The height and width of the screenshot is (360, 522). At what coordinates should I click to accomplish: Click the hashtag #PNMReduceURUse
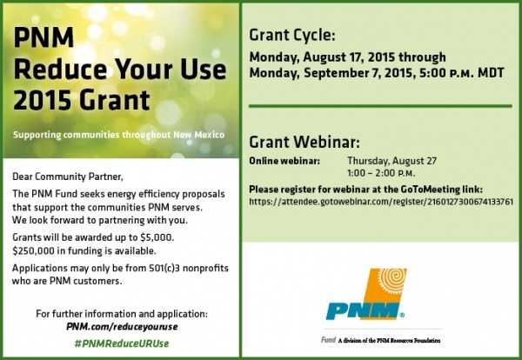pyautogui.click(x=122, y=343)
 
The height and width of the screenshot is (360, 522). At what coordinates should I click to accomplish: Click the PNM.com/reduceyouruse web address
pyautogui.click(x=122, y=326)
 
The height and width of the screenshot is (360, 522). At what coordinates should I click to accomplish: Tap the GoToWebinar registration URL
pyautogui.click(x=381, y=202)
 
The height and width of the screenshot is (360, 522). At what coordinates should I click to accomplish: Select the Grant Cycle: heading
pyautogui.click(x=292, y=35)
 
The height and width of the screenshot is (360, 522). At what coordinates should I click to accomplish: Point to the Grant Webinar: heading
pyautogui.click(x=304, y=142)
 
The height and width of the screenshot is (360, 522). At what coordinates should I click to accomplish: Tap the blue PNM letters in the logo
pyautogui.click(x=363, y=310)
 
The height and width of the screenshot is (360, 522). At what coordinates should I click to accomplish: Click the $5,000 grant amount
pyautogui.click(x=157, y=237)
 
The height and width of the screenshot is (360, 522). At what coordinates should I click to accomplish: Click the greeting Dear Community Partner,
pyautogui.click(x=68, y=177)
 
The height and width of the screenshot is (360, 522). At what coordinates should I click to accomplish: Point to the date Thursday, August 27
pyautogui.click(x=391, y=161)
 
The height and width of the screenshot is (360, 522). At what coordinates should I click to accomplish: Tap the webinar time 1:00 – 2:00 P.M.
pyautogui.click(x=381, y=173)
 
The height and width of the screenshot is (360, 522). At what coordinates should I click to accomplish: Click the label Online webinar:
pyautogui.click(x=284, y=161)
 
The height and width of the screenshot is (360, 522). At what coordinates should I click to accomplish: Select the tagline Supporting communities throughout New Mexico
pyautogui.click(x=118, y=135)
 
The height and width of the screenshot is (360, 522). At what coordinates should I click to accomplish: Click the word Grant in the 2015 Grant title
pyautogui.click(x=115, y=100)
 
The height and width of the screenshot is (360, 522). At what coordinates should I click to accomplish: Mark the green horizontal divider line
pyautogui.click(x=380, y=106)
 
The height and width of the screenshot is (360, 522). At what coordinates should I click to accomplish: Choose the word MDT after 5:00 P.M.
pyautogui.click(x=491, y=73)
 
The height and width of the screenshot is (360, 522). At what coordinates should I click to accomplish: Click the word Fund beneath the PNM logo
pyautogui.click(x=328, y=340)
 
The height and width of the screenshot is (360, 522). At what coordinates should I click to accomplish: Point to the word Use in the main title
pyautogui.click(x=204, y=70)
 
